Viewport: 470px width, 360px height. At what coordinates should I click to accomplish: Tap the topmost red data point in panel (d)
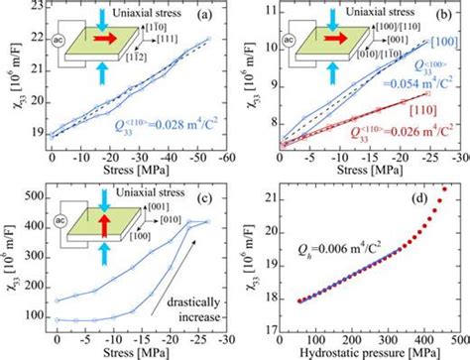pos(443,189)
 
